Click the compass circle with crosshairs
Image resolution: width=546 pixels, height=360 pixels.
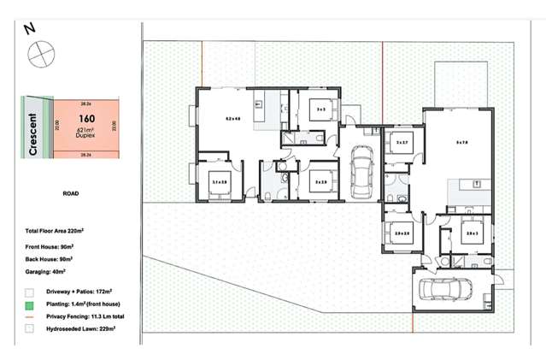[x=40, y=56]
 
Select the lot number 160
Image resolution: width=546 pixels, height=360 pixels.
[x=85, y=119]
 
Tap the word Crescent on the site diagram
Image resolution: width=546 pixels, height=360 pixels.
[x=33, y=134]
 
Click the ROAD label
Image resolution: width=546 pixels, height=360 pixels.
[x=71, y=194]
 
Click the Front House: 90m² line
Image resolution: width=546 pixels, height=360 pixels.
[x=50, y=245]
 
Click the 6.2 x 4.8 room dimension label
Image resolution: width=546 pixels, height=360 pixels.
[x=232, y=117]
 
